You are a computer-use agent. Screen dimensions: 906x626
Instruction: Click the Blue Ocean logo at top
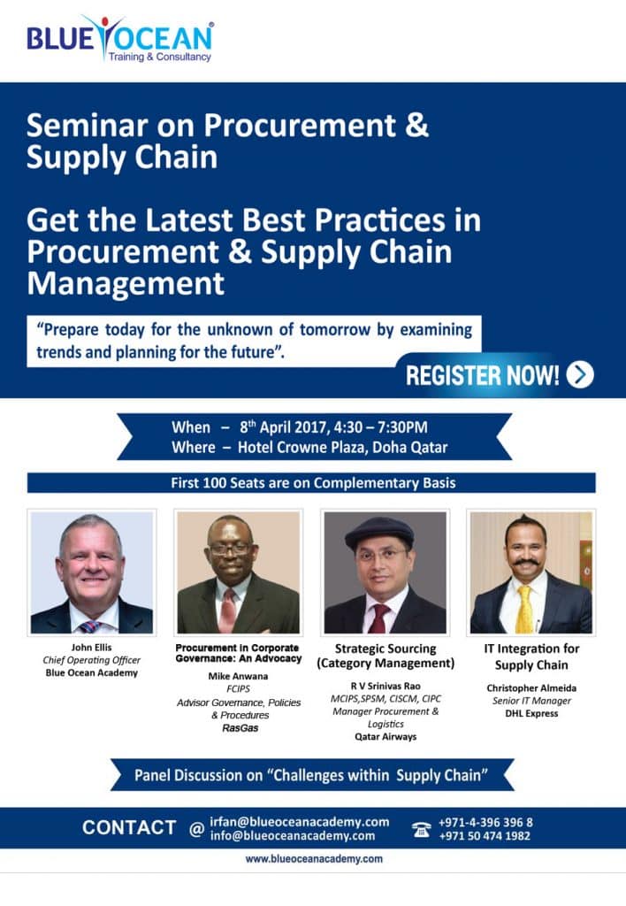point(119,39)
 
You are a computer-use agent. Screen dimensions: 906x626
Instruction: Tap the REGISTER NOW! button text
point(482,375)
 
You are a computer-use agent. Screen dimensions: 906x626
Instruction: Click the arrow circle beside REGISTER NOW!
point(580,375)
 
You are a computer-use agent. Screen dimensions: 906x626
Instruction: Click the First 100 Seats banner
point(311,483)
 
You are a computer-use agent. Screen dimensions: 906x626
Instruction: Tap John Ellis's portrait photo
point(91,572)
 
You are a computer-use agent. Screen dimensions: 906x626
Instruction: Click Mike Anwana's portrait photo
point(238,572)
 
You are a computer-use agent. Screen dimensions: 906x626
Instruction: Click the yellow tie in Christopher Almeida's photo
point(524,610)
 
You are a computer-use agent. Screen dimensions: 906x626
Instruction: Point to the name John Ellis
point(91,647)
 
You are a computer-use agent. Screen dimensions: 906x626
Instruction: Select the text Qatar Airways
point(386,735)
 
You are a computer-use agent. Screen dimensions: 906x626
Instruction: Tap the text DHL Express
point(531,713)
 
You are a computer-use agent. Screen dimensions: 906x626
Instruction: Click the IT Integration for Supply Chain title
point(531,656)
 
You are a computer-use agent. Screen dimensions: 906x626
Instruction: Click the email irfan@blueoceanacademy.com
point(300,821)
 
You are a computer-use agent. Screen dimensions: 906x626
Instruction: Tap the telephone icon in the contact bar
point(421,829)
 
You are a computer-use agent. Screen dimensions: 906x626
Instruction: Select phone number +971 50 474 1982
point(485,836)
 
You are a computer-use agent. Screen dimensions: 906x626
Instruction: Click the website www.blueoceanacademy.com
point(313,858)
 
